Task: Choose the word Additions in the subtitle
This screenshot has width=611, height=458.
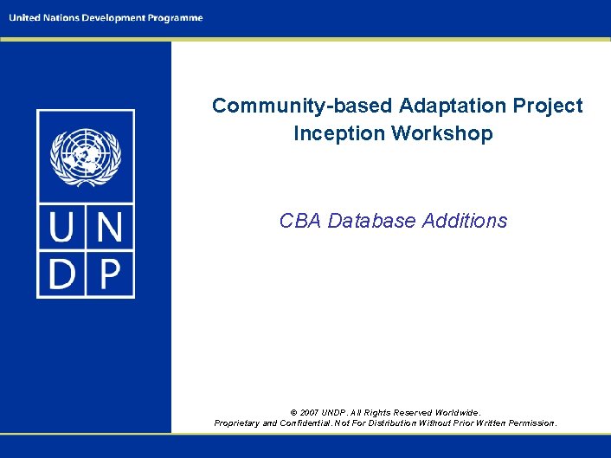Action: click(x=465, y=221)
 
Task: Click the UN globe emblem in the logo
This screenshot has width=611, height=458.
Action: click(x=85, y=158)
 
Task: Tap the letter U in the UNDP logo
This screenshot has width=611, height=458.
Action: click(x=63, y=231)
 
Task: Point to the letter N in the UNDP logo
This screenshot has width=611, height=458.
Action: click(x=109, y=231)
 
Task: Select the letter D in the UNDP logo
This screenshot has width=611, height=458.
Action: click(x=63, y=274)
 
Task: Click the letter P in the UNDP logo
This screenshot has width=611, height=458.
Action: click(x=109, y=274)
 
